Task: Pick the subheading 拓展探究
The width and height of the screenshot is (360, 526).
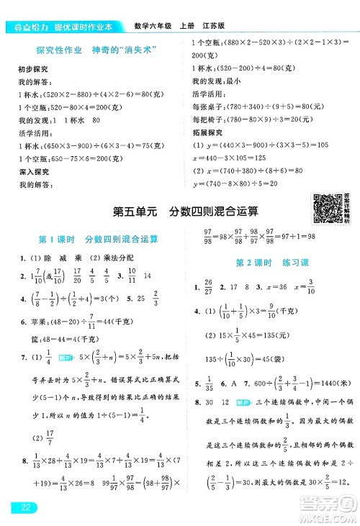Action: click(208, 132)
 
